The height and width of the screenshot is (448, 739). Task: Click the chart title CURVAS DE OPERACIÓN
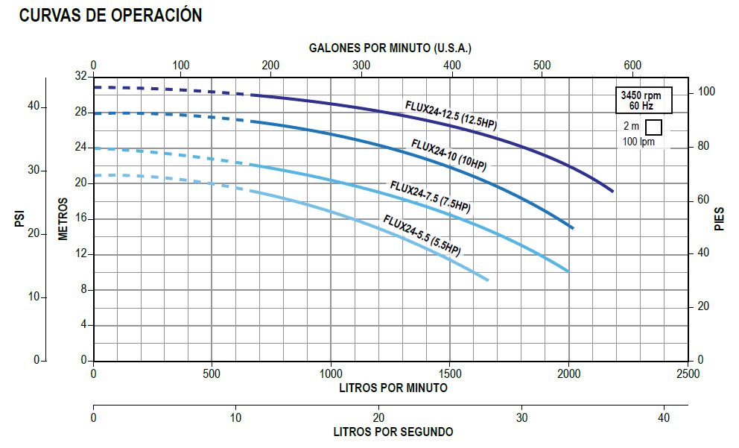(x=110, y=16)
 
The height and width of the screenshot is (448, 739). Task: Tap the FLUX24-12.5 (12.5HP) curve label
(x=451, y=116)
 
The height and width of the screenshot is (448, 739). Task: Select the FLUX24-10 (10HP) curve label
(x=448, y=155)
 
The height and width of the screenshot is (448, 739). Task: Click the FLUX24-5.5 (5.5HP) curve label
(x=422, y=235)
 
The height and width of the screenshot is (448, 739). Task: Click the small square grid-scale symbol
(x=653, y=127)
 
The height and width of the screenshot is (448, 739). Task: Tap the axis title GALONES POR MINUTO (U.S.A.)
(x=390, y=48)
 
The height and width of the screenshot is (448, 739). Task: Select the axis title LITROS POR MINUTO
(x=393, y=388)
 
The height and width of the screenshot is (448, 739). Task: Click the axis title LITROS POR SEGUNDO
(x=393, y=432)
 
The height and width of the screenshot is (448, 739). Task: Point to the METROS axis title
(x=63, y=218)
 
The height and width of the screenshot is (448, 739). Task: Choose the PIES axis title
(x=720, y=218)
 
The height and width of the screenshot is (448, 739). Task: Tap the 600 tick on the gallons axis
(x=632, y=66)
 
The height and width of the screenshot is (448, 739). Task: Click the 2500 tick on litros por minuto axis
(x=688, y=373)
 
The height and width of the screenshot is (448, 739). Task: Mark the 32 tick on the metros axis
(x=80, y=77)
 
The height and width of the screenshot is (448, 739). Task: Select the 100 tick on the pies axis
(x=706, y=92)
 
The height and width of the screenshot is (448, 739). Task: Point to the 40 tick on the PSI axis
(x=34, y=107)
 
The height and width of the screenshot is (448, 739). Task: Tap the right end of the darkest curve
(x=612, y=192)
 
